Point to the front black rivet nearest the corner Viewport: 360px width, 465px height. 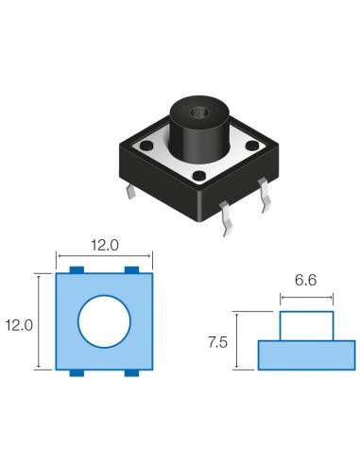click(201, 177)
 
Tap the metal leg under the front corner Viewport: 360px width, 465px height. click(224, 224)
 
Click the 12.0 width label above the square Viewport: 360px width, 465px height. click(104, 245)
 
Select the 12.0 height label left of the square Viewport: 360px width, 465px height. click(18, 323)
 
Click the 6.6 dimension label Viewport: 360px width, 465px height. click(306, 281)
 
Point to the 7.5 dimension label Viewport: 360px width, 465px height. click(218, 342)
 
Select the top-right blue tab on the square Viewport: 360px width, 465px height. click(131, 271)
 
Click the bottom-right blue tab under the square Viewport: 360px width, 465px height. click(131, 374)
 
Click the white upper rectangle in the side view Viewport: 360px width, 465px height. click(306, 326)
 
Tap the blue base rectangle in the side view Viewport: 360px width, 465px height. click(305, 354)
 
